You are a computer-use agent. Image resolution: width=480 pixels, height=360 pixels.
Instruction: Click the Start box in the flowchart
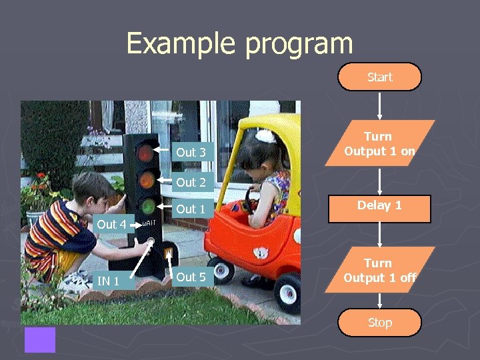click(379, 77)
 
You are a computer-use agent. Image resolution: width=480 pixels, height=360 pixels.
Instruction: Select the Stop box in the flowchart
click(379, 323)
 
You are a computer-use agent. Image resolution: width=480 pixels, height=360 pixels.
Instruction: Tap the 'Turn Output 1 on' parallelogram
click(379, 143)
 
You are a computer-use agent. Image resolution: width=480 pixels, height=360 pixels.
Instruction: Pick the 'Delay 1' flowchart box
click(379, 205)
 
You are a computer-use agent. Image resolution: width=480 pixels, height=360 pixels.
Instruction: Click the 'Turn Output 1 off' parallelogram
click(379, 270)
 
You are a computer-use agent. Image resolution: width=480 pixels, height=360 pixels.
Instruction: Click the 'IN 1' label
click(108, 281)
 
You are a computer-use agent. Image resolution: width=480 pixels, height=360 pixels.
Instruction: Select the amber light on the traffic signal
click(145, 179)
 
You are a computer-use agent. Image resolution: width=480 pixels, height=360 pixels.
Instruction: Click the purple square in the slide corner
click(40, 339)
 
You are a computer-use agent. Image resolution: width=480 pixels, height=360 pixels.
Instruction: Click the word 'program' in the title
click(299, 44)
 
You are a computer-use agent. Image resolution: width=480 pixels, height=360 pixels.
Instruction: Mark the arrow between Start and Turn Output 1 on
click(379, 105)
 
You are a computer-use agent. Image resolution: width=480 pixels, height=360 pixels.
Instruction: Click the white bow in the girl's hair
click(265, 136)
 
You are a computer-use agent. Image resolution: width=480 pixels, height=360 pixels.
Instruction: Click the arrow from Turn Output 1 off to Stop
click(379, 300)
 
